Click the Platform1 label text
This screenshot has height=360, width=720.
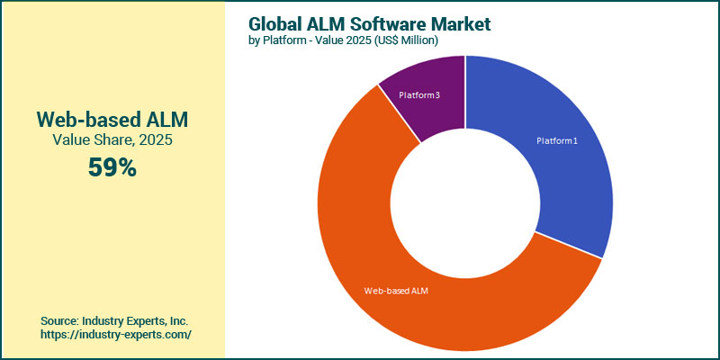click(x=558, y=141)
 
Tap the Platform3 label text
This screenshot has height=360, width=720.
click(x=419, y=94)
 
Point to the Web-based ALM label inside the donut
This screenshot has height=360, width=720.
click(x=396, y=291)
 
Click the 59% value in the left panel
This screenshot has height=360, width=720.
click(x=112, y=166)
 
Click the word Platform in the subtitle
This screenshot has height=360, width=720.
click(x=285, y=41)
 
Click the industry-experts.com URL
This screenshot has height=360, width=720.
click(x=116, y=334)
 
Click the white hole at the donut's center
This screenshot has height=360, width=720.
click(x=465, y=202)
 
